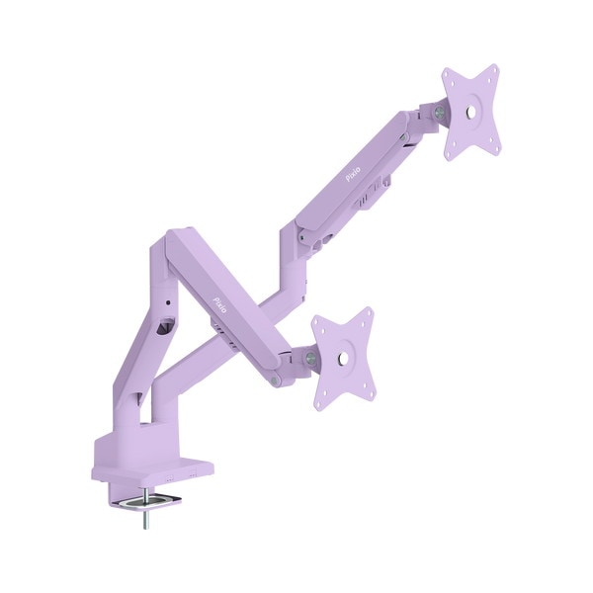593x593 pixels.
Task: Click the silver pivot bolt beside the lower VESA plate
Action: [310, 357]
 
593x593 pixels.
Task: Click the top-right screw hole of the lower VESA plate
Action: [365, 318]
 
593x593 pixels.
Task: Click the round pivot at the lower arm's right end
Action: [288, 366]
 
